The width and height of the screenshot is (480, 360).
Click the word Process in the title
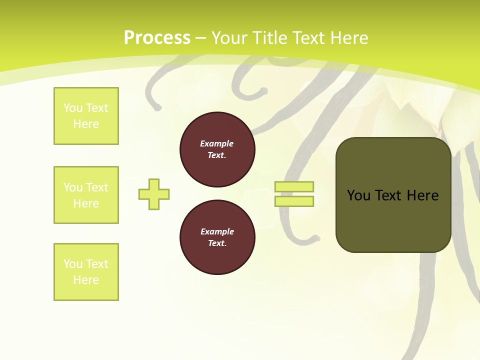point(157,38)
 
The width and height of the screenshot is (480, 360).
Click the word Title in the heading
point(268,38)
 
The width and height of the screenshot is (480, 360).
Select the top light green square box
point(86,116)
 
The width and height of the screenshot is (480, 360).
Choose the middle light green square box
point(86,195)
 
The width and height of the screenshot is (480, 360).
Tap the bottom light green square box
point(86,272)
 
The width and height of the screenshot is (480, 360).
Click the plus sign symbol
point(154,194)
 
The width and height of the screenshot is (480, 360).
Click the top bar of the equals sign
point(294,186)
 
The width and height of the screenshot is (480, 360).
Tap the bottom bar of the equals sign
point(294,201)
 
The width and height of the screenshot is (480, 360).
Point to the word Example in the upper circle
point(217,143)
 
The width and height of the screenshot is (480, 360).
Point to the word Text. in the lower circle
point(217,243)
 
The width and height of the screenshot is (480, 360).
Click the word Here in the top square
point(86,124)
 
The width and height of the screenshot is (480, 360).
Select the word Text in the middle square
point(97,187)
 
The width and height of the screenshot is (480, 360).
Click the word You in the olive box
point(359,195)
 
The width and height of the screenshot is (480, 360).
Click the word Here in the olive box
point(423,195)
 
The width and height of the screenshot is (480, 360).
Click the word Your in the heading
point(229,38)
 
